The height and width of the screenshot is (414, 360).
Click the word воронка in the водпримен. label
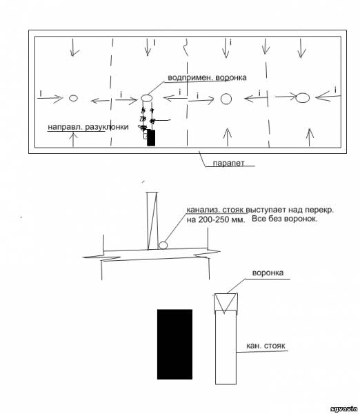231,77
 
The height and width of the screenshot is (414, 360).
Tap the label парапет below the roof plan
228,163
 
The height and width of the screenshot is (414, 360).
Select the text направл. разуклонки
88,127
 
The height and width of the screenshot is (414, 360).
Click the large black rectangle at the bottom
174,344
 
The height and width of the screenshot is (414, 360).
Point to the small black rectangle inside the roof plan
151,137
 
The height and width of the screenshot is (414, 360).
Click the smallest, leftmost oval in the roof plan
73,98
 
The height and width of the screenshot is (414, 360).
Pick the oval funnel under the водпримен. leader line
146,98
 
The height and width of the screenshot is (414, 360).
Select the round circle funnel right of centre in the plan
226,99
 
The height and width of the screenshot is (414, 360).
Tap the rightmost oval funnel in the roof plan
303,98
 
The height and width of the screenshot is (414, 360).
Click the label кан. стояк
266,346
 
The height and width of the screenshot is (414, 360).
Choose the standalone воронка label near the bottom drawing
268,273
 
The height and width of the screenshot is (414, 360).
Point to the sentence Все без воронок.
285,219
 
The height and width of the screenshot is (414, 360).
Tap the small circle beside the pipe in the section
163,245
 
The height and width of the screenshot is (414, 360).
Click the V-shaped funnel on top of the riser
226,304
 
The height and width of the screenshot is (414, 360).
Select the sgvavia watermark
343,408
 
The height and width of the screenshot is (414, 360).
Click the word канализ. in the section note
203,210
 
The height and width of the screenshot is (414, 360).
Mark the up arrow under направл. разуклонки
73,139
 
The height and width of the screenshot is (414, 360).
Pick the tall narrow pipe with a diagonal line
152,221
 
